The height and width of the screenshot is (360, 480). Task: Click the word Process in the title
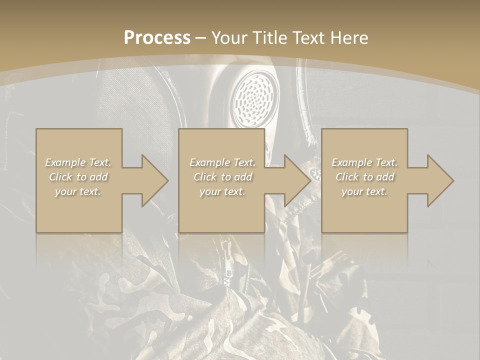(x=157, y=37)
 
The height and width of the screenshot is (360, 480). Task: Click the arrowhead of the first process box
(x=153, y=180)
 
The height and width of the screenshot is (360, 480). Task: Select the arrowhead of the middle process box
(x=295, y=180)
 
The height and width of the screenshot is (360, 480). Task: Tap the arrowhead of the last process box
(x=438, y=180)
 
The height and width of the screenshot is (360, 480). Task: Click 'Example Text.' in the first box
(x=78, y=162)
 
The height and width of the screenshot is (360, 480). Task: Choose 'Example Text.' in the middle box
(x=222, y=162)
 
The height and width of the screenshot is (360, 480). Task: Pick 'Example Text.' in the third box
(x=364, y=162)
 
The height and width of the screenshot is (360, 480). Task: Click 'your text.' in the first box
(x=78, y=191)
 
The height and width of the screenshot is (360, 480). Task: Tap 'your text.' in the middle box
(x=222, y=191)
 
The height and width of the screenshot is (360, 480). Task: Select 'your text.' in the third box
(x=364, y=191)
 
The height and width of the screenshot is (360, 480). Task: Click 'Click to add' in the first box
(x=78, y=177)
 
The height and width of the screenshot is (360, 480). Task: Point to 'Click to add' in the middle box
(x=222, y=177)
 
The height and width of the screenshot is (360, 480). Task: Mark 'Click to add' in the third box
(x=364, y=177)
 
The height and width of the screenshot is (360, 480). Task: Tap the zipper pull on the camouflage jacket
(x=229, y=260)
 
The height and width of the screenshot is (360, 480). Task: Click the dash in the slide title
(x=201, y=38)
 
